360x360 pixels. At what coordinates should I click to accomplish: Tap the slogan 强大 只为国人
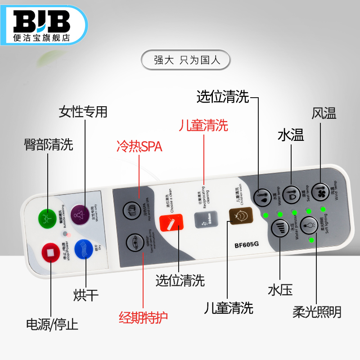185,60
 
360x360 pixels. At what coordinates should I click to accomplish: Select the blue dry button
83,248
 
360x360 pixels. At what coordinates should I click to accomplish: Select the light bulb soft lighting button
310,224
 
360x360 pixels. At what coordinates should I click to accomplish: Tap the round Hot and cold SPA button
131,209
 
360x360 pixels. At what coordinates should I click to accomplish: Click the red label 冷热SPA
139,147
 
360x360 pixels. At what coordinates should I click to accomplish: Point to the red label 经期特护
143,318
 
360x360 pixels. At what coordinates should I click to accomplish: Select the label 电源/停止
52,324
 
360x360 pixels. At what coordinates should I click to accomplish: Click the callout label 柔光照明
317,311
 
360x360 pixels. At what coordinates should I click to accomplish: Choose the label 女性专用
83,112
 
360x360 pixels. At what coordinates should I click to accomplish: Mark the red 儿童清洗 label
203,125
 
